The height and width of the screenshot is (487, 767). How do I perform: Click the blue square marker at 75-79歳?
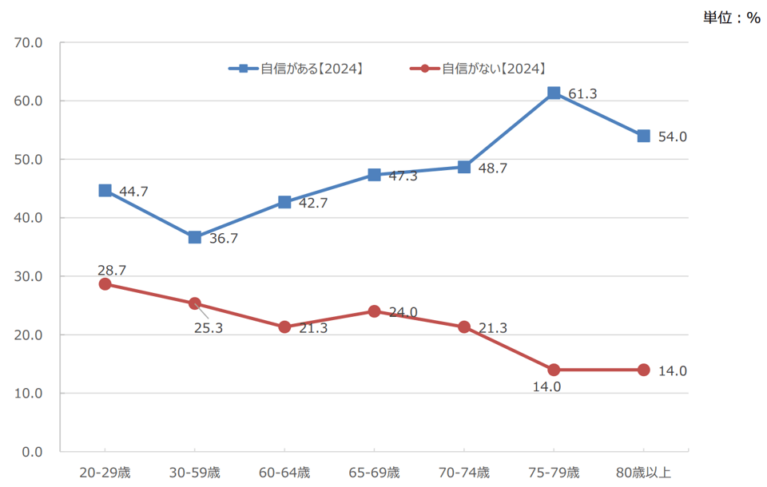(x=554, y=93)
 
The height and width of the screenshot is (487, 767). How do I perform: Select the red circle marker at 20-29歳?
(x=105, y=284)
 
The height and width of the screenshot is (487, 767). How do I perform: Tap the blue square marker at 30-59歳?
(x=195, y=237)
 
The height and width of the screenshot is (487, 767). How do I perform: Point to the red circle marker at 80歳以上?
(x=643, y=370)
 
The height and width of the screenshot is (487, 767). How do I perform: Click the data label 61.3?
(x=582, y=94)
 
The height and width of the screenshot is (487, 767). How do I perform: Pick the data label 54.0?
(x=672, y=137)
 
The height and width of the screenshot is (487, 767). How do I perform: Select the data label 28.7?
(x=112, y=271)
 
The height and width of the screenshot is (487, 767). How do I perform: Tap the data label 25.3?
(x=209, y=328)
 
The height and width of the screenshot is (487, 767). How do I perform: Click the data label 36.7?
(x=224, y=238)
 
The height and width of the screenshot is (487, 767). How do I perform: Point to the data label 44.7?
(x=133, y=192)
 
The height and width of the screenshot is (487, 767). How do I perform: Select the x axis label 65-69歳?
(x=374, y=473)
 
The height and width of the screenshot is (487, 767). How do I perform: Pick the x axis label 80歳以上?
(x=643, y=473)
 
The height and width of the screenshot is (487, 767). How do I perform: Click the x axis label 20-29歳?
(x=105, y=473)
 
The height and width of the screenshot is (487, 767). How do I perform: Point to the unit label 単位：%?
(x=731, y=18)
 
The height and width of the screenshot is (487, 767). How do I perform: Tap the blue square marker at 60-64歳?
(x=284, y=202)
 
